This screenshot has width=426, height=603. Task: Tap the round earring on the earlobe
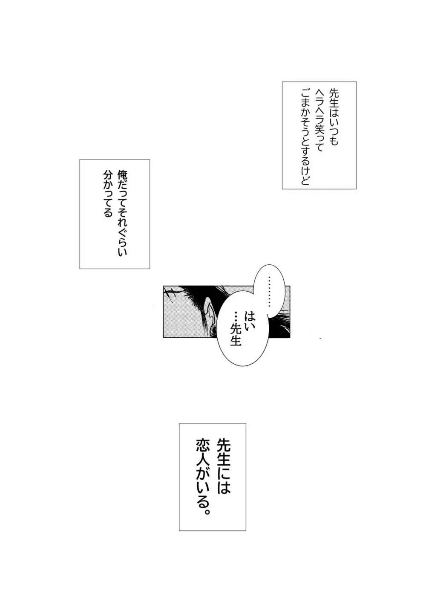213,329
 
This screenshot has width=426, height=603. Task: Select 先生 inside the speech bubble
236,335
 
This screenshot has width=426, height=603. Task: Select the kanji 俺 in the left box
122,174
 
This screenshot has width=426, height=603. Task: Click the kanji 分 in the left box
108,175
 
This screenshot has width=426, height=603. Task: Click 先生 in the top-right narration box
334,100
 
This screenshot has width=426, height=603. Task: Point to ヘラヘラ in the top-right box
319,107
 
